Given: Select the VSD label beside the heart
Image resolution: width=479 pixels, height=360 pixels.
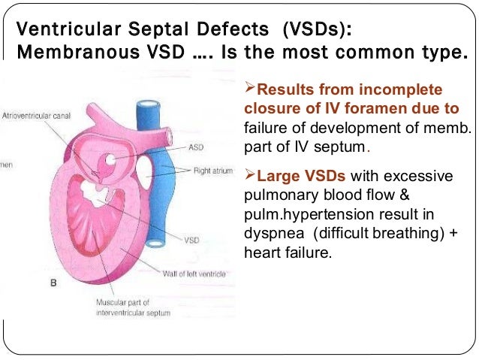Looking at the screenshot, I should coord(191,241).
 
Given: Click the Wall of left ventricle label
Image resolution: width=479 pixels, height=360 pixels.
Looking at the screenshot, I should coord(194,274).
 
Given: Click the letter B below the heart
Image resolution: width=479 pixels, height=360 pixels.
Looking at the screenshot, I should coord(53,283).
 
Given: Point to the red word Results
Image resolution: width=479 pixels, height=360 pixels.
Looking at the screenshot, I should coord(288,90).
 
